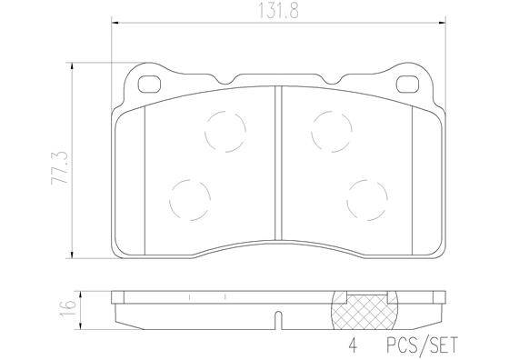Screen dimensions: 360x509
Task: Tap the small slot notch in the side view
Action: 278,319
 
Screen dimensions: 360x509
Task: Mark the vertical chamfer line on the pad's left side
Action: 145,178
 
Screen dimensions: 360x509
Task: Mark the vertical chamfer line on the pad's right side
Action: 412,178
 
